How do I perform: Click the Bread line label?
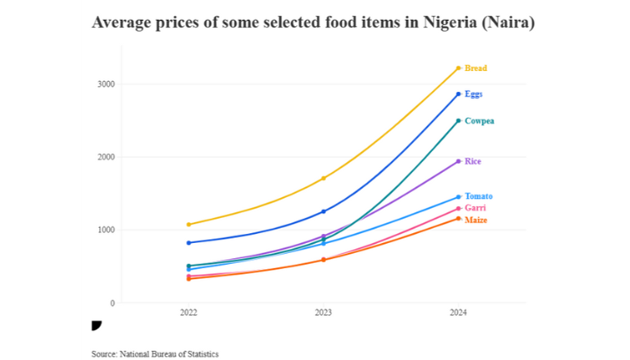tap(476, 67)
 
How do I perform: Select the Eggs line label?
tap(474, 94)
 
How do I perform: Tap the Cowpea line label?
tap(479, 121)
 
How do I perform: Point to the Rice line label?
tap(473, 161)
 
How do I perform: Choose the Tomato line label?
tap(479, 196)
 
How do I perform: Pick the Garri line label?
tap(475, 208)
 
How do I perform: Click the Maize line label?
tap(476, 220)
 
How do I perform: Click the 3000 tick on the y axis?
tap(107, 85)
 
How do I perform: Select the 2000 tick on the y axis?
tap(107, 157)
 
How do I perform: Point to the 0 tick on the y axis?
tap(113, 303)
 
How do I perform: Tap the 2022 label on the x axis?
tap(188, 314)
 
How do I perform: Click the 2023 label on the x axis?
tap(323, 314)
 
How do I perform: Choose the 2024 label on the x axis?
tap(458, 314)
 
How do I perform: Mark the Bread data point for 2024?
tap(458, 67)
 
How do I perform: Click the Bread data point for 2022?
tap(188, 224)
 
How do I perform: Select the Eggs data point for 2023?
tap(323, 211)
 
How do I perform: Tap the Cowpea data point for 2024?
tap(458, 121)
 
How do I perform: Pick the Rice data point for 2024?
tap(458, 161)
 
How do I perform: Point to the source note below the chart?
tap(155, 354)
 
